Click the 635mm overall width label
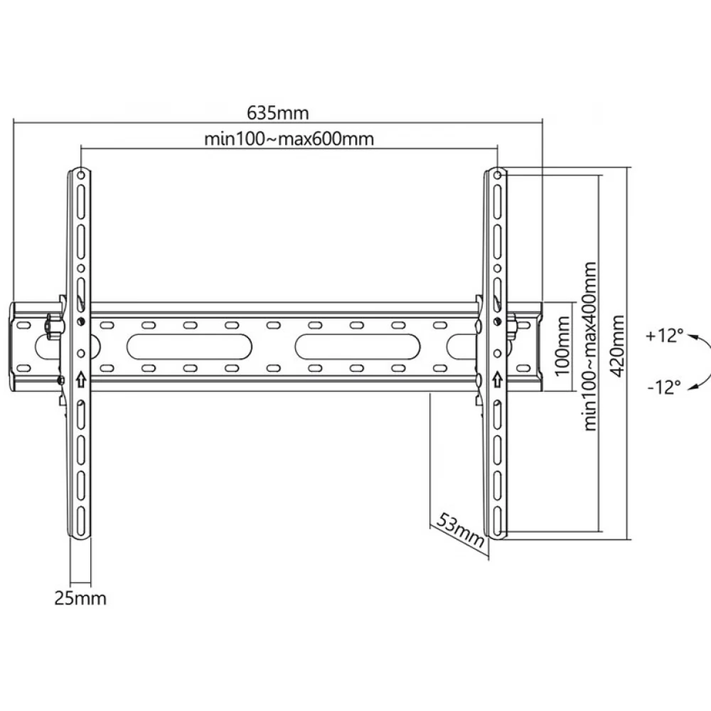(277, 112)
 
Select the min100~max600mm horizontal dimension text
(289, 139)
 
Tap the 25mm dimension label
(80, 598)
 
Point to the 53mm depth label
(460, 530)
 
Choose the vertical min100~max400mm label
(589, 346)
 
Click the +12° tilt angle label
(664, 336)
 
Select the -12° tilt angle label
(664, 387)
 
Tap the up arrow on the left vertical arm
(81, 379)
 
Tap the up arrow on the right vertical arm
(498, 379)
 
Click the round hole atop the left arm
(81, 175)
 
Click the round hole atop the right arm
(498, 175)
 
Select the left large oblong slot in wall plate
(189, 346)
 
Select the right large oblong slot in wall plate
(358, 346)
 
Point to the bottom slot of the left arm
(81, 520)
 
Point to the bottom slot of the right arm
(498, 520)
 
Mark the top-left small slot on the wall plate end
(23, 325)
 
